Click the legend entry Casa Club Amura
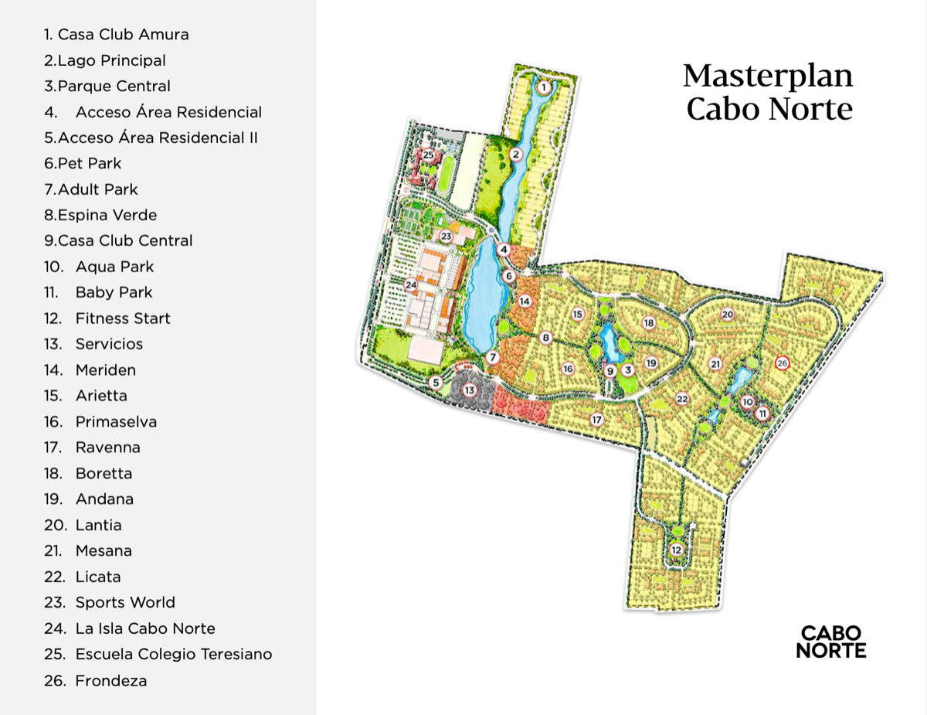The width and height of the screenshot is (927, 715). click(116, 35)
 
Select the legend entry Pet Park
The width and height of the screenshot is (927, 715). click(83, 164)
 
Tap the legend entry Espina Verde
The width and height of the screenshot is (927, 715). click(100, 216)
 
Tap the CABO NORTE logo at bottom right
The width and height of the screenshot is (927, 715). click(831, 642)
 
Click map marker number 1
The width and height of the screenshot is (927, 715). click(544, 88)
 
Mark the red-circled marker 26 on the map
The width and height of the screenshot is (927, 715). click(782, 363)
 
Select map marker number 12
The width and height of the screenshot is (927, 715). click(677, 550)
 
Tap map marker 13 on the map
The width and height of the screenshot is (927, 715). click(469, 390)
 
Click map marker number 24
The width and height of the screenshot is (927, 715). click(411, 285)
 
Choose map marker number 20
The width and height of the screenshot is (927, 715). click(727, 314)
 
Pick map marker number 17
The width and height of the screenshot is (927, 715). click(596, 420)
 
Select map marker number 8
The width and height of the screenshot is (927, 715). click(546, 338)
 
